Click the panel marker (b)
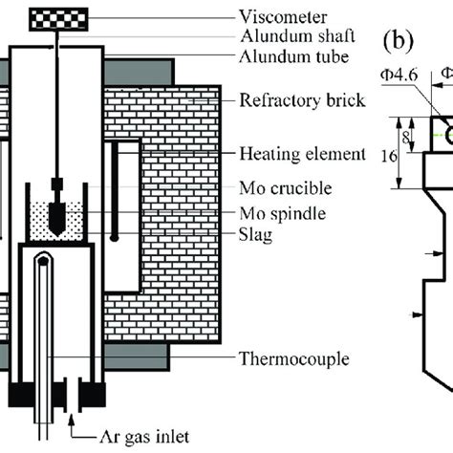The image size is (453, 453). (399, 43)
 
